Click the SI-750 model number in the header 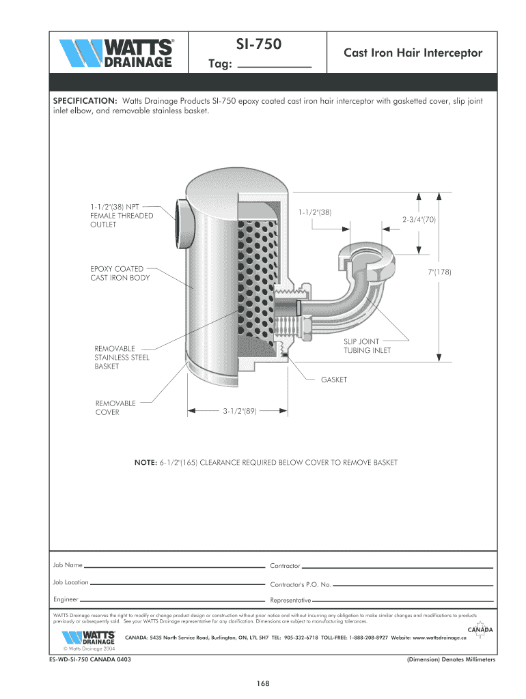pyautogui.click(x=258, y=45)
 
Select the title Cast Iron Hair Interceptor pyautogui.click(x=412, y=53)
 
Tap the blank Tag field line pyautogui.click(x=277, y=66)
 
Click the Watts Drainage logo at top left pyautogui.click(x=117, y=54)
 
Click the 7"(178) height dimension pyautogui.click(x=440, y=272)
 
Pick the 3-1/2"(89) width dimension pyautogui.click(x=239, y=412)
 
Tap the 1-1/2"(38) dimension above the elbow pyautogui.click(x=314, y=212)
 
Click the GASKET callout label pyautogui.click(x=334, y=380)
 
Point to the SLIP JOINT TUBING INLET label pyautogui.click(x=367, y=346)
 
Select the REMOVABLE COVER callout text pyautogui.click(x=115, y=408)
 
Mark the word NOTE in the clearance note pyautogui.click(x=146, y=463)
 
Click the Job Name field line pyautogui.click(x=174, y=567)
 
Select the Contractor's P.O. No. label pyautogui.click(x=301, y=585)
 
